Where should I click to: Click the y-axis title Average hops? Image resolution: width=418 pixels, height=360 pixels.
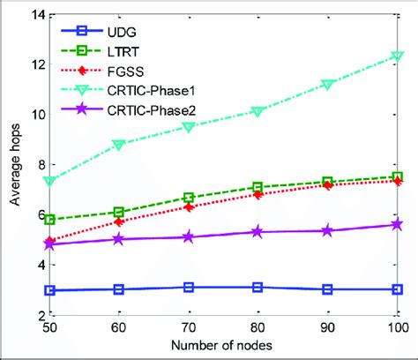point(15,165)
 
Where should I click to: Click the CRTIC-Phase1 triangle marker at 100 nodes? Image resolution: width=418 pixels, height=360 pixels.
point(398,56)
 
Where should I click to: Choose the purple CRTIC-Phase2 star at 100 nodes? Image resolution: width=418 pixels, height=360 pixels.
point(398,224)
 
